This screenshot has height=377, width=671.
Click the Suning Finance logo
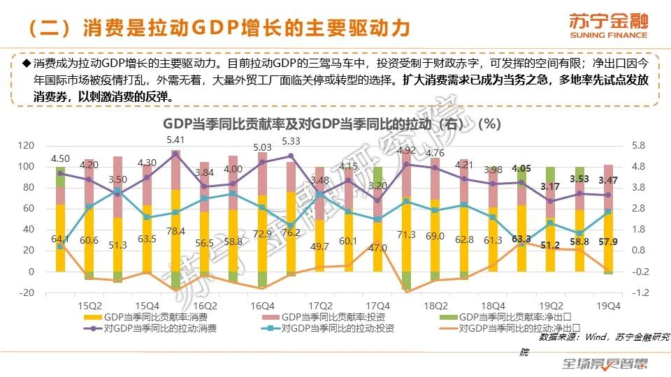point(609,25)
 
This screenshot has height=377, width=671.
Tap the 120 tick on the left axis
point(26,146)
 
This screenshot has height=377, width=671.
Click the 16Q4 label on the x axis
point(262,306)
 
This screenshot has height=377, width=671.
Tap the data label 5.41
point(175,140)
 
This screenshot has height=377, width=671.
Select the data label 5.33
point(291,142)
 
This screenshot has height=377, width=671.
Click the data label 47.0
point(378,247)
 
